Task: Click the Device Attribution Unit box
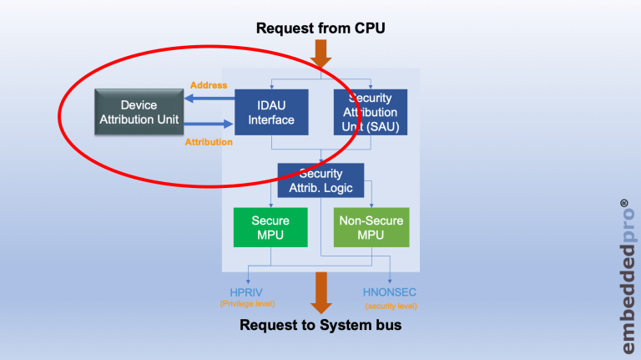tap(139, 113)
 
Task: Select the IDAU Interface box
tap(271, 113)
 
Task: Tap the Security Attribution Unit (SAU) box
tap(371, 112)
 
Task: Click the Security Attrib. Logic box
tap(320, 180)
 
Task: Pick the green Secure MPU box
tap(270, 228)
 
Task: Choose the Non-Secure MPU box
tap(371, 228)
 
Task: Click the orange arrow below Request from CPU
tap(321, 53)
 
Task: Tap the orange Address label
tap(209, 85)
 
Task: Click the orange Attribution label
tap(209, 142)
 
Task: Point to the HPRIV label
tap(247, 292)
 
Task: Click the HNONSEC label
tap(390, 292)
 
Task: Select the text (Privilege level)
tap(247, 304)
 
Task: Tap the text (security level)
tap(391, 306)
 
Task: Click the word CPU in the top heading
tap(368, 28)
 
